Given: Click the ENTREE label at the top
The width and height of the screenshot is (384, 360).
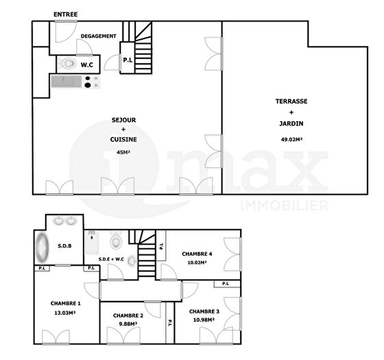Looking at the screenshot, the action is tap(65, 14).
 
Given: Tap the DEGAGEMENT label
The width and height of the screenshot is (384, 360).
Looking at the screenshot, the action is tap(99, 36).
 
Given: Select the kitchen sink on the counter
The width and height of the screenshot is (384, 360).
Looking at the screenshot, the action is tap(66, 82).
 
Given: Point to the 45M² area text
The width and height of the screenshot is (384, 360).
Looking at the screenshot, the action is tap(123, 152).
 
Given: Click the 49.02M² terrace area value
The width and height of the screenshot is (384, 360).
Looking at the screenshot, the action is tap(291, 140).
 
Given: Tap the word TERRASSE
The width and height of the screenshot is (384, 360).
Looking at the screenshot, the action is tap(291, 101).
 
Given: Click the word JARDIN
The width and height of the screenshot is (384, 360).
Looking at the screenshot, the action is tap(291, 123).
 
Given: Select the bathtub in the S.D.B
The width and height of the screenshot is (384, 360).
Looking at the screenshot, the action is tap(42, 248).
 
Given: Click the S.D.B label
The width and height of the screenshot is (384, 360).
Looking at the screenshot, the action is tap(64, 246).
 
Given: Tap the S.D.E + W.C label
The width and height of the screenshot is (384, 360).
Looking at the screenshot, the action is tap(111, 259).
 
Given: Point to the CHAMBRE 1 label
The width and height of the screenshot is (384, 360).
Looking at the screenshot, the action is tap(65, 303).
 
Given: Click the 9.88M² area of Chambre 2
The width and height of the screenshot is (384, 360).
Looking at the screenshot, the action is tap(128, 324).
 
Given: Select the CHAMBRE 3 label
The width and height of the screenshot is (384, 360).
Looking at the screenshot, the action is tap(204, 311).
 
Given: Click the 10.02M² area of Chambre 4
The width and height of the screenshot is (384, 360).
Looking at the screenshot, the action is tap(197, 263).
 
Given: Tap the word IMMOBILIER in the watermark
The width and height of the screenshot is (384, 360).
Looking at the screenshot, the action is tap(285, 206).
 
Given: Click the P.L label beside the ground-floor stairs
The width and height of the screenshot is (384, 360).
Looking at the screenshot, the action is tap(128, 60).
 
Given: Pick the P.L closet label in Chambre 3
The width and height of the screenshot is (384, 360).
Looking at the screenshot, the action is tap(226, 284).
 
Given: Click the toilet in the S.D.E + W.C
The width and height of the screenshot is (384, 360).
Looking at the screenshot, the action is tap(116, 240).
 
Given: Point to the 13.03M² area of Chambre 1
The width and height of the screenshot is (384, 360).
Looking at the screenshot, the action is tap(64, 313).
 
